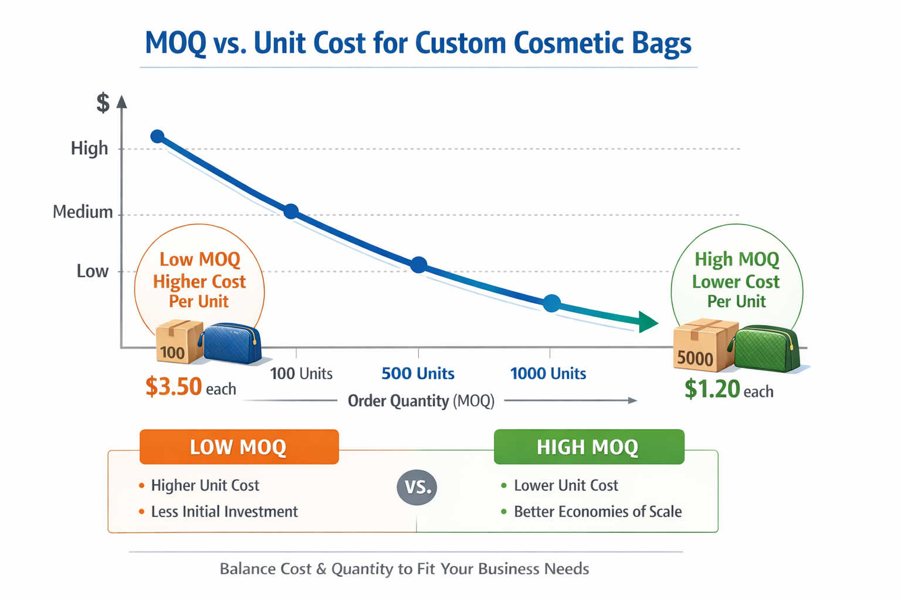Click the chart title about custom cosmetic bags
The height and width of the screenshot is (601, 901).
coord(418,43)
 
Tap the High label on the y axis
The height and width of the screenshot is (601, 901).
coord(90,148)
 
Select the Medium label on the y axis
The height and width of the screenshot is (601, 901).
coord(83,211)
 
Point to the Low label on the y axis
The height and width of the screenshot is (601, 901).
coord(93,271)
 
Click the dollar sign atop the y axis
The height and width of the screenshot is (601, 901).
coord(103,103)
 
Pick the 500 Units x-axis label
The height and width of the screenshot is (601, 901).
coord(418,373)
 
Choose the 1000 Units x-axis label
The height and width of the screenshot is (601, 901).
coord(548,373)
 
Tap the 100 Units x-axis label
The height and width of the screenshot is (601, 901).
coord(301,373)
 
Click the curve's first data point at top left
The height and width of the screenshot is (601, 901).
coord(157,137)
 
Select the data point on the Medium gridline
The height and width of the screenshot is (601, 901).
coord(291,211)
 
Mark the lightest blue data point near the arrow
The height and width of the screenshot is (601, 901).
coord(551,303)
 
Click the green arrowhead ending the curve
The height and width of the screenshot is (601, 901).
coord(648,322)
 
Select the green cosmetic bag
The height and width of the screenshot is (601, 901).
coord(765,350)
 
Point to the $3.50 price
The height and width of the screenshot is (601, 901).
coord(174,387)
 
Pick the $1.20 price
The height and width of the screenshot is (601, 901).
coord(712,390)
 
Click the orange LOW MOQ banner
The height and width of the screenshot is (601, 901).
coord(239,447)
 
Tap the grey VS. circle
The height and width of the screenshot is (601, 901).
coord(417,487)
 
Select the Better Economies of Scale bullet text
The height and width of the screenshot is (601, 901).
coord(597,512)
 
